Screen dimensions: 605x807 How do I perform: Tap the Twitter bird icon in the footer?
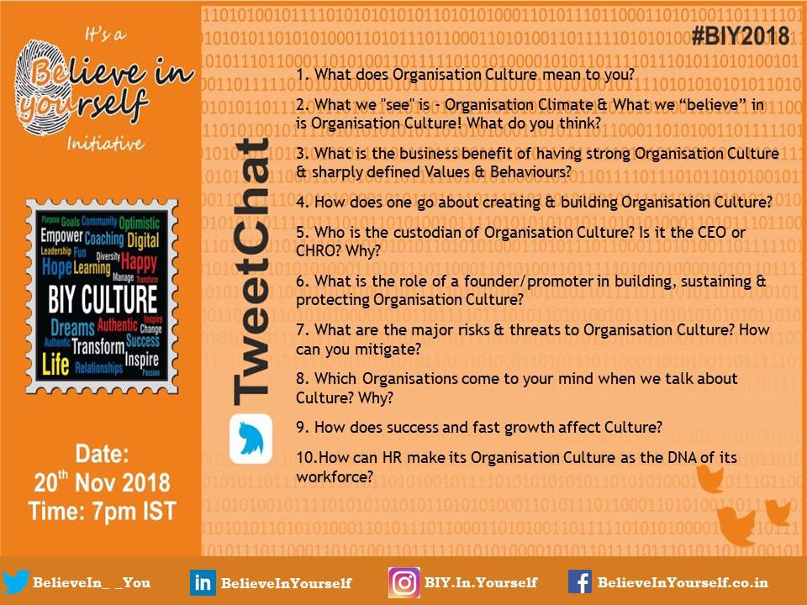(x=16, y=581)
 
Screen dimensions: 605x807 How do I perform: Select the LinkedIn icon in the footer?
(x=203, y=582)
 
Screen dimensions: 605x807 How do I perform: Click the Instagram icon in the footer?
(x=403, y=582)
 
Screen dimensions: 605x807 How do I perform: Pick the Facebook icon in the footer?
(x=579, y=581)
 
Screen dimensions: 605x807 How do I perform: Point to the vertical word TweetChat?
(x=250, y=270)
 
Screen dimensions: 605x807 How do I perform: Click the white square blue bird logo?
(x=251, y=439)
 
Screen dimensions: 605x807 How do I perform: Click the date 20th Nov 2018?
(x=102, y=483)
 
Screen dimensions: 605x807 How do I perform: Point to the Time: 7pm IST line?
(x=102, y=511)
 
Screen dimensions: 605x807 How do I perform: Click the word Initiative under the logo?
(x=106, y=144)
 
